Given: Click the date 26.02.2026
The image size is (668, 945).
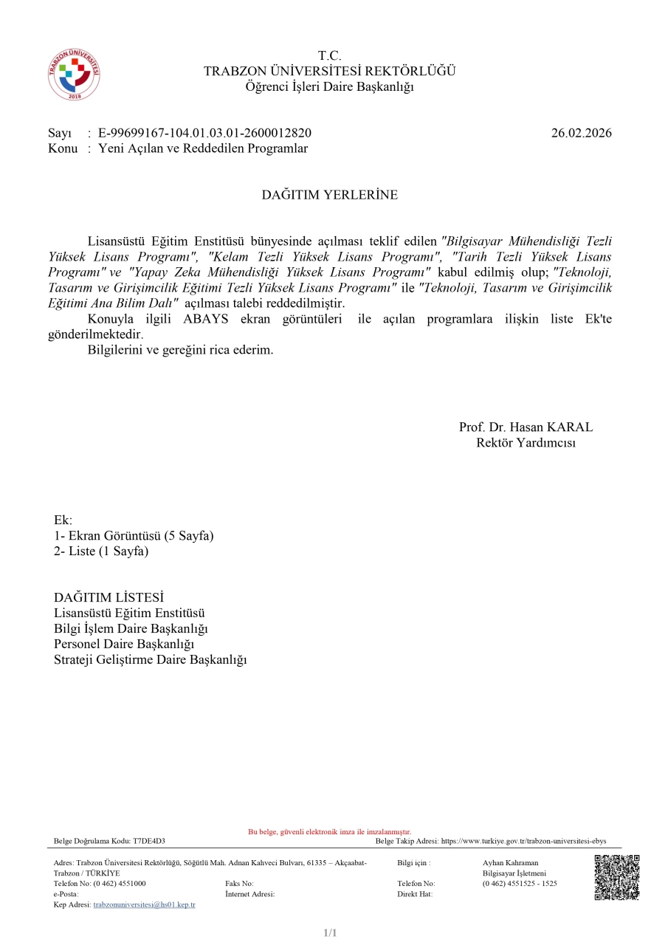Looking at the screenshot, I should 581,133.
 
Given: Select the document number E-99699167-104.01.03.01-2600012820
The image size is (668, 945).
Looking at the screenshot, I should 204,133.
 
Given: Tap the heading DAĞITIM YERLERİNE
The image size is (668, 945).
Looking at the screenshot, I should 329,195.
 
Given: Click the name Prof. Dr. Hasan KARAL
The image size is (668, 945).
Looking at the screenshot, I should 526,427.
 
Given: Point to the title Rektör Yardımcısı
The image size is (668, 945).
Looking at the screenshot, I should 526,443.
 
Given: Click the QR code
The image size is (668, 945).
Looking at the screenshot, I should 616,877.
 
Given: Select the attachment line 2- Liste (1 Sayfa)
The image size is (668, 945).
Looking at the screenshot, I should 101,551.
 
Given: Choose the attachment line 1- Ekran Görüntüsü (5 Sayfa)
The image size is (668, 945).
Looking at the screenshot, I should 134,536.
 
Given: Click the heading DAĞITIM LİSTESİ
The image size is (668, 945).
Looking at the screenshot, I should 109,597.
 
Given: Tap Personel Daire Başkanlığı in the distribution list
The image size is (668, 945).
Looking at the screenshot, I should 124,644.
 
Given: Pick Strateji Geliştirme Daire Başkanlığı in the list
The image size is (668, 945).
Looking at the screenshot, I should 150,659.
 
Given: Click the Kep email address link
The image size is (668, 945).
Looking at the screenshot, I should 144,904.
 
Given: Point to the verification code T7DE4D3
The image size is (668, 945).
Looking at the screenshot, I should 149,841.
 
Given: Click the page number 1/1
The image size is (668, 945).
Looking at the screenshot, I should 330,933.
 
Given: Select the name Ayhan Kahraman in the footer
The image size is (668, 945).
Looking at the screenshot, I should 510,862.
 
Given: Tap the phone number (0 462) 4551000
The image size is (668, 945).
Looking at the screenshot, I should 120,883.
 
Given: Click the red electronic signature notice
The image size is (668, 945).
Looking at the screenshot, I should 329,832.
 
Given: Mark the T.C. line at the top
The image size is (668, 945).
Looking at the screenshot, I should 329,56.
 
